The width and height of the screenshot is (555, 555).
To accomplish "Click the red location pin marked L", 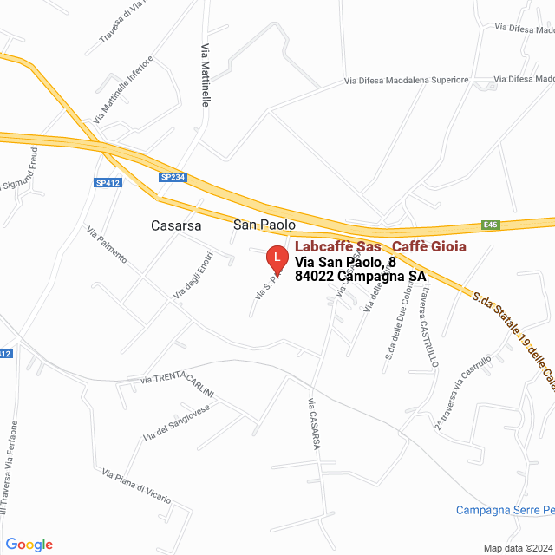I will pyautogui.click(x=276, y=258).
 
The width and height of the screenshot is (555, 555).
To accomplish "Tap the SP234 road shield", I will pyautogui.click(x=173, y=177).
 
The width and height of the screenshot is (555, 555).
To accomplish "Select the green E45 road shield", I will pyautogui.click(x=491, y=225).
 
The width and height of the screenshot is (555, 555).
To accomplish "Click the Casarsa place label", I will pyautogui.click(x=176, y=225).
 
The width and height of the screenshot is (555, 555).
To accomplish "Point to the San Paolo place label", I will pyautogui.click(x=264, y=225).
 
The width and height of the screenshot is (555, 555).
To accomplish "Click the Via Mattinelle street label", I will pyautogui.click(x=206, y=75).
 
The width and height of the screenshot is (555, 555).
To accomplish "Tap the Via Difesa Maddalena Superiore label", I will pyautogui.click(x=406, y=81).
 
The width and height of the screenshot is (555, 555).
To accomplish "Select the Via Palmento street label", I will pyautogui.click(x=107, y=245).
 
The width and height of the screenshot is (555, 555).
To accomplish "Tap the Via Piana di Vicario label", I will pyautogui.click(x=136, y=486).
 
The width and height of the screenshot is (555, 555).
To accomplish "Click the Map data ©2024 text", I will pyautogui.click(x=517, y=548).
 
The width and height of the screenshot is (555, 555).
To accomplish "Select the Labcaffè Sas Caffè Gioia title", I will pyautogui.click(x=380, y=246).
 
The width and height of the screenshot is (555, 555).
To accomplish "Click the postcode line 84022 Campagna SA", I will pyautogui.click(x=360, y=277).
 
